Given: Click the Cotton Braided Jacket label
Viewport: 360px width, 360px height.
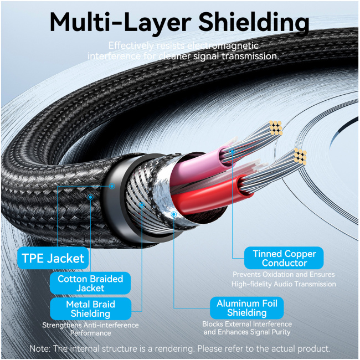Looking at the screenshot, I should [90, 283].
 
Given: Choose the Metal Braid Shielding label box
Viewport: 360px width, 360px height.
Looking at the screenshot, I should [90, 308].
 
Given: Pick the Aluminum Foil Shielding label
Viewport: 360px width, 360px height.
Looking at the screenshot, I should [247, 308].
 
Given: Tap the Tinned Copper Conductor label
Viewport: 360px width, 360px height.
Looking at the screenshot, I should [284, 258].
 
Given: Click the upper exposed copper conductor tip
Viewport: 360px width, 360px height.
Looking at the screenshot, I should [276, 127].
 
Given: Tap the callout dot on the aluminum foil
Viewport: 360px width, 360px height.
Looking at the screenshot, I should [174, 213].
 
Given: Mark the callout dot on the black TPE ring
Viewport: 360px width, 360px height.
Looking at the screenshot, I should [112, 187].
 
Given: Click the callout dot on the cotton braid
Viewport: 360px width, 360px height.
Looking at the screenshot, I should [90, 197].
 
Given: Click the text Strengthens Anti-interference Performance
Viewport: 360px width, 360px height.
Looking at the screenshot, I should [90, 329].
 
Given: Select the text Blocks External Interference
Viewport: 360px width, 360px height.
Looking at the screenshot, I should [247, 324].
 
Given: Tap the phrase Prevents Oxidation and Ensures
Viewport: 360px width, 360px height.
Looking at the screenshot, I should [284, 274].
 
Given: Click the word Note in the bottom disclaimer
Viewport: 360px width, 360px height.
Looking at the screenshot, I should [40, 349].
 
